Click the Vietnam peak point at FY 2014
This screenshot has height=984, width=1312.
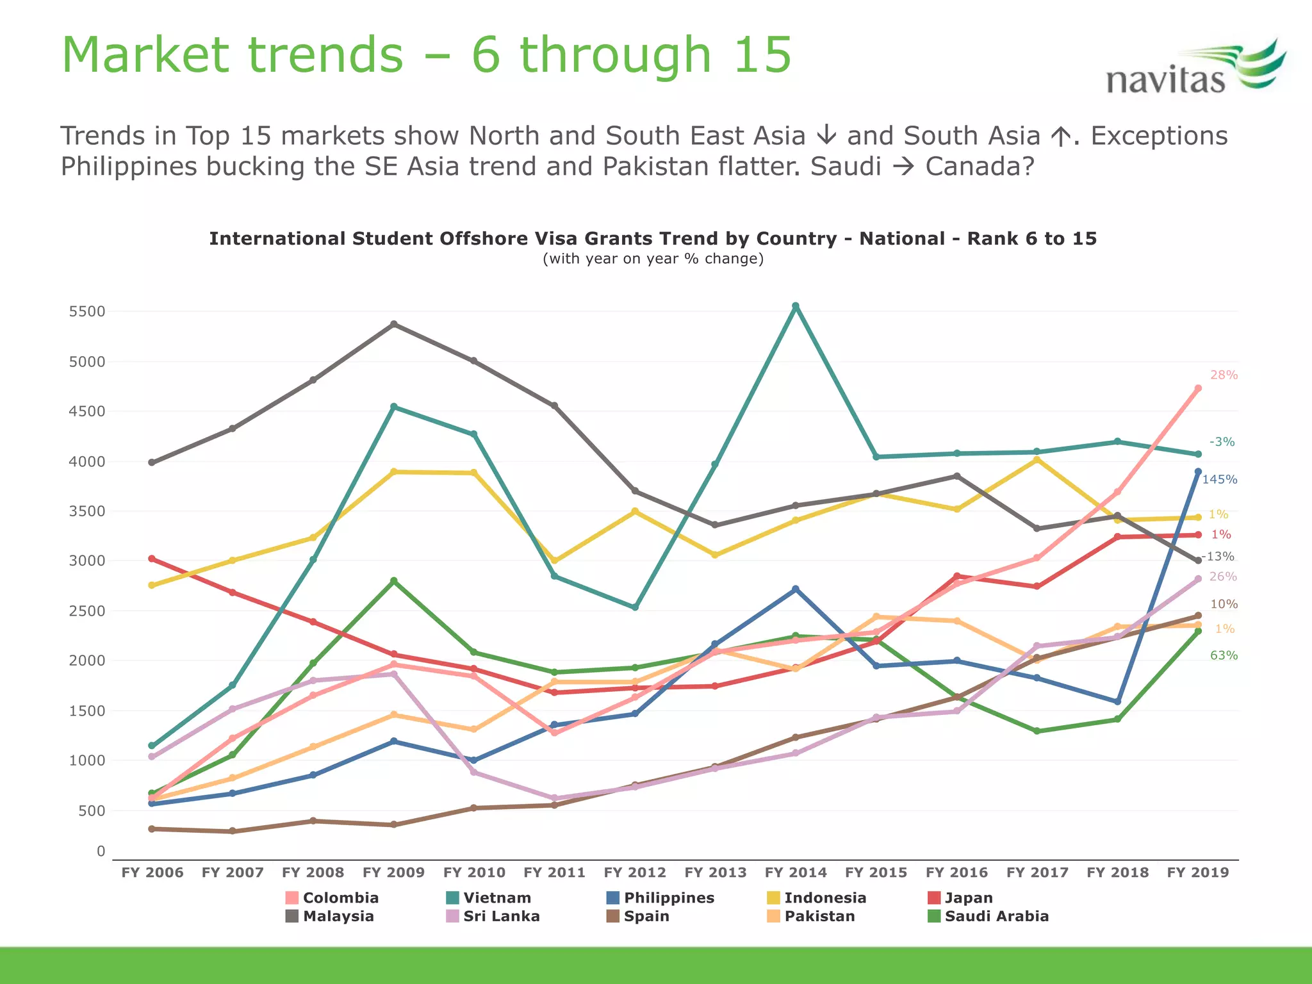click(x=796, y=306)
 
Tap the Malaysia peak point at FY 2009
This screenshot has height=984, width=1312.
click(x=394, y=324)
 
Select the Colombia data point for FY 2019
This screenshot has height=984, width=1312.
click(x=1198, y=388)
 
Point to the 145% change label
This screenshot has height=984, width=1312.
click(x=1219, y=479)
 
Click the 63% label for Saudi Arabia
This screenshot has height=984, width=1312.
click(x=1224, y=655)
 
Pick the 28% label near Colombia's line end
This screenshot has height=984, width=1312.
click(x=1224, y=375)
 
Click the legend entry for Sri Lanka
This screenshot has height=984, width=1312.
click(x=501, y=916)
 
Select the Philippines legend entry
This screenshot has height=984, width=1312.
click(x=669, y=898)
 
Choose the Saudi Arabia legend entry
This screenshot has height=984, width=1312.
click(x=996, y=916)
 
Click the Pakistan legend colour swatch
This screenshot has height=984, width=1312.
click(x=773, y=916)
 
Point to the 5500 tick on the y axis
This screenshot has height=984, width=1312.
click(x=86, y=311)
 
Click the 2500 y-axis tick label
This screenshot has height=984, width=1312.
click(x=86, y=611)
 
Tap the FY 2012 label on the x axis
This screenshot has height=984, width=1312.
click(x=635, y=872)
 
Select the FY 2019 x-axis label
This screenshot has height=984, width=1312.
click(x=1198, y=872)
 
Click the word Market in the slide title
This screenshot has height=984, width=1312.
click(x=145, y=55)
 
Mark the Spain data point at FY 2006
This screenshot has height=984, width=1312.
click(x=152, y=829)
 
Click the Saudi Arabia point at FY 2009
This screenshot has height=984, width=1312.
click(x=394, y=581)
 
